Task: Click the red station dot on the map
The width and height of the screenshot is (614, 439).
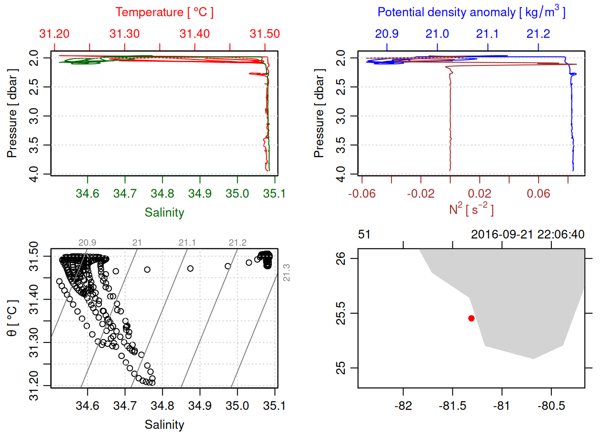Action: [471, 318]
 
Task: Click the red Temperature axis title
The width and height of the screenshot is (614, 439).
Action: [164, 12]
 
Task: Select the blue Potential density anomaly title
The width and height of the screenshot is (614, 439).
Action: [471, 12]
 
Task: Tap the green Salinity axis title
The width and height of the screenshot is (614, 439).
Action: [164, 213]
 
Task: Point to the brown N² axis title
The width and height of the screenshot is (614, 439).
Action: [471, 209]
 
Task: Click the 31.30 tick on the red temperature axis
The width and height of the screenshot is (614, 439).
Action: [125, 34]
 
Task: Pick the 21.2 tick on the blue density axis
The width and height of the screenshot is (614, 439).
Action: [538, 34]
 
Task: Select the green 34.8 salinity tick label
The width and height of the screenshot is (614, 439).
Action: [162, 193]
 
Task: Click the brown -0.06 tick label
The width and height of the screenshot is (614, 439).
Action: [362, 193]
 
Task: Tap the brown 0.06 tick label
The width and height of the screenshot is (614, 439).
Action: [538, 193]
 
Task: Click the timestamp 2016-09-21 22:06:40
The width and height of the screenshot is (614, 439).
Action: [528, 235]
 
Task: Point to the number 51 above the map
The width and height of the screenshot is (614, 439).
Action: [364, 235]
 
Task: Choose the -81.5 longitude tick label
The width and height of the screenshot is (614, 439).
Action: [452, 406]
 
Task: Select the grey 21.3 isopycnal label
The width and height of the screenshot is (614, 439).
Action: [286, 273]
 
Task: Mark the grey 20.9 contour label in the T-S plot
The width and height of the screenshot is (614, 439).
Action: [87, 243]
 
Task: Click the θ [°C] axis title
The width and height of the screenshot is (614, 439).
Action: [12, 318]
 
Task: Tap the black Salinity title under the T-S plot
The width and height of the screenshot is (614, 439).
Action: [164, 425]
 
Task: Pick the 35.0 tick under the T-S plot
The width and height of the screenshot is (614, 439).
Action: [237, 406]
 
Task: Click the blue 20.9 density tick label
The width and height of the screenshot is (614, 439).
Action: [386, 34]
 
